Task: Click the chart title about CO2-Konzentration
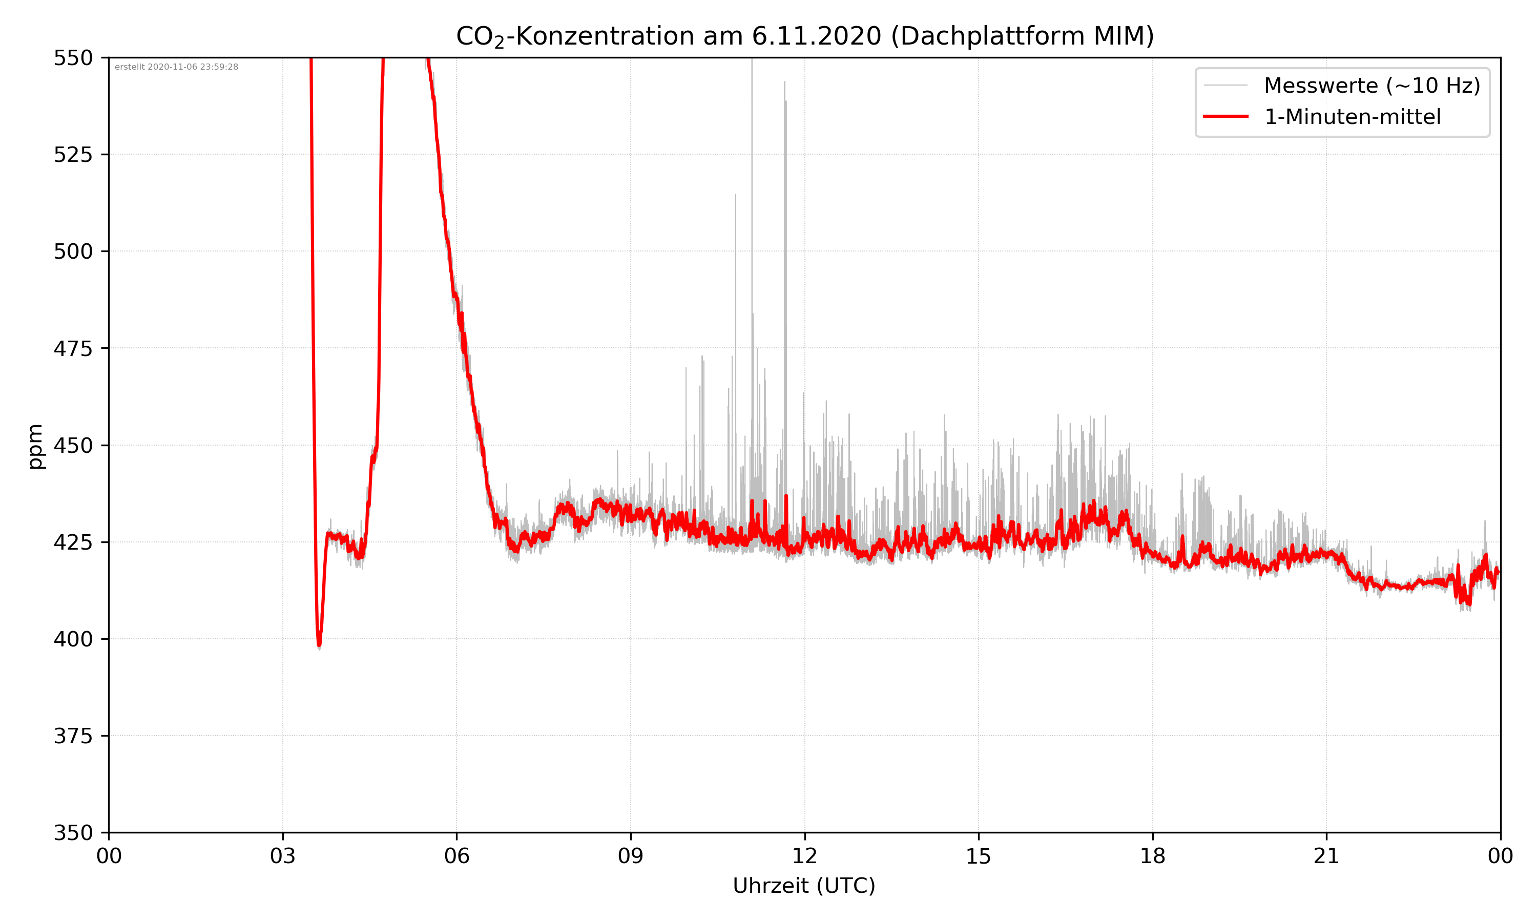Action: [x=804, y=36]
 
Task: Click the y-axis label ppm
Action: [x=35, y=446]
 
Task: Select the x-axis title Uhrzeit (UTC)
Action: [x=804, y=885]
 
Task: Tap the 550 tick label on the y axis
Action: [x=73, y=58]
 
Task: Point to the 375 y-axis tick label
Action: [x=73, y=736]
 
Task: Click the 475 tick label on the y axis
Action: [x=73, y=348]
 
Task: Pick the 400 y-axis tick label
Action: [x=73, y=639]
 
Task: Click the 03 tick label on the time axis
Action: [x=283, y=856]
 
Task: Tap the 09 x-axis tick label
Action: [x=631, y=856]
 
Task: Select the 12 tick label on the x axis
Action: [x=804, y=856]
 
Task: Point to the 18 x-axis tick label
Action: [x=1152, y=856]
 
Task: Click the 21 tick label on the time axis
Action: [x=1326, y=856]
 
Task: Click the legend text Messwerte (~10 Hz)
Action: [x=1372, y=86]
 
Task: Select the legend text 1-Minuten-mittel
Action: [x=1352, y=117]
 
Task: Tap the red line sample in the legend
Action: [x=1225, y=116]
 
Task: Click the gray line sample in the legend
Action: [x=1225, y=85]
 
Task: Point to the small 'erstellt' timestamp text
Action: [x=176, y=67]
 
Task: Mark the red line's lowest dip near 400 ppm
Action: [x=319, y=644]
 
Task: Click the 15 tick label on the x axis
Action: [x=979, y=856]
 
